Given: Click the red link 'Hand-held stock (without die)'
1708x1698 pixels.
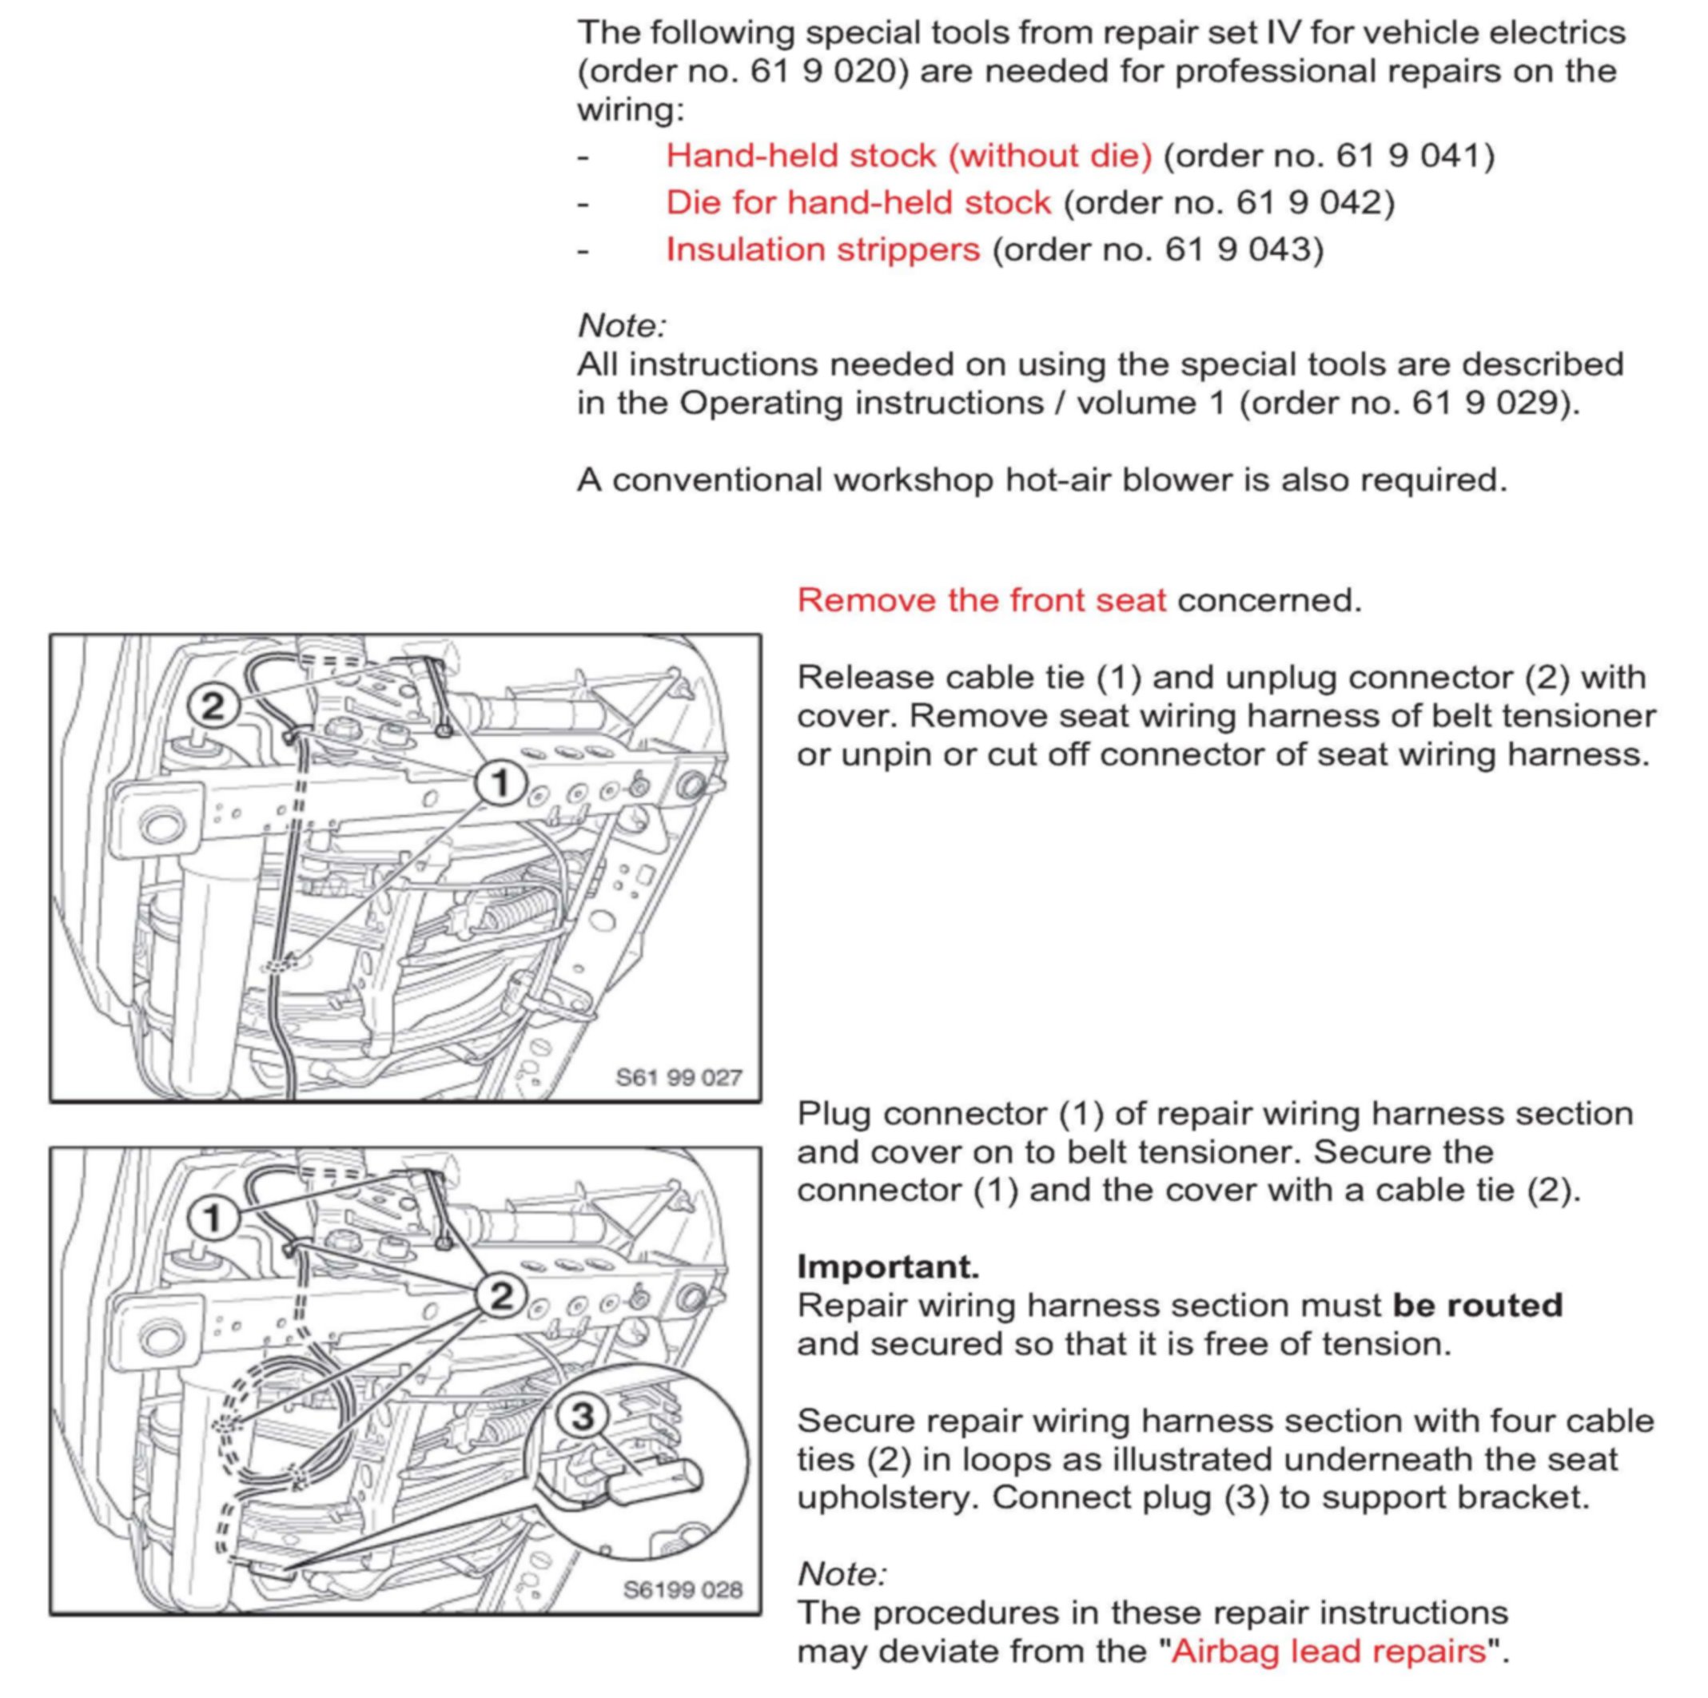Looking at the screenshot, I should click(909, 156).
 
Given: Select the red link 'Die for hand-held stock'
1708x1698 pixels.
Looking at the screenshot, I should click(858, 202).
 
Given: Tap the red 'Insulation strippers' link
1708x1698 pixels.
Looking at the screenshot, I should click(823, 249).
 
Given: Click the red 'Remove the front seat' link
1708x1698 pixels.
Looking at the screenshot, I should click(981, 600).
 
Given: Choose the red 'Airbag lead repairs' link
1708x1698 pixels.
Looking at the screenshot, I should click(1328, 1650).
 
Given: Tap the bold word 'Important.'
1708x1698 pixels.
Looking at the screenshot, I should click(888, 1267).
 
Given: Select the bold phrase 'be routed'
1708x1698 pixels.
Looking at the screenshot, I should click(1477, 1305).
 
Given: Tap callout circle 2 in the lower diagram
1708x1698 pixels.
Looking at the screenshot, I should click(500, 1296).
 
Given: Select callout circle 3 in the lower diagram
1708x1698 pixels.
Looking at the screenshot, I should click(583, 1416).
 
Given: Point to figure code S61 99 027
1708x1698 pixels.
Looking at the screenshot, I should click(678, 1077).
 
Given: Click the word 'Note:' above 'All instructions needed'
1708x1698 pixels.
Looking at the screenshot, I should click(623, 325).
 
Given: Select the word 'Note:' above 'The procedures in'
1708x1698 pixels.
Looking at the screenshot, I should click(842, 1573).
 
